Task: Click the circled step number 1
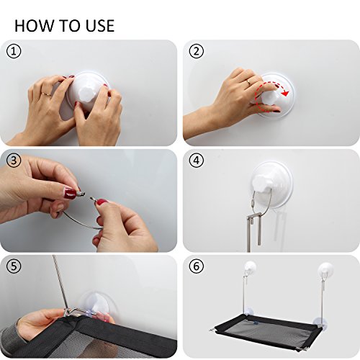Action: click(14, 51)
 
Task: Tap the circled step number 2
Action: click(197, 51)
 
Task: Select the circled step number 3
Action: click(14, 161)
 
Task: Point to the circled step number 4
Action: click(197, 161)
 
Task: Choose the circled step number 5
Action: click(14, 266)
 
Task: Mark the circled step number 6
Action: click(197, 266)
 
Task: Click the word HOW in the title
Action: click(34, 26)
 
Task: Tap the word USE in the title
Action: click(100, 26)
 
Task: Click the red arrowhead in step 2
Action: click(285, 93)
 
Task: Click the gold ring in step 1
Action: click(45, 94)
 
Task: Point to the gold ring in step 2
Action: click(249, 82)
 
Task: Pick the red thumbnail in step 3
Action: click(71, 192)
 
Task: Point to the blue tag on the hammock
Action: click(255, 323)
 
